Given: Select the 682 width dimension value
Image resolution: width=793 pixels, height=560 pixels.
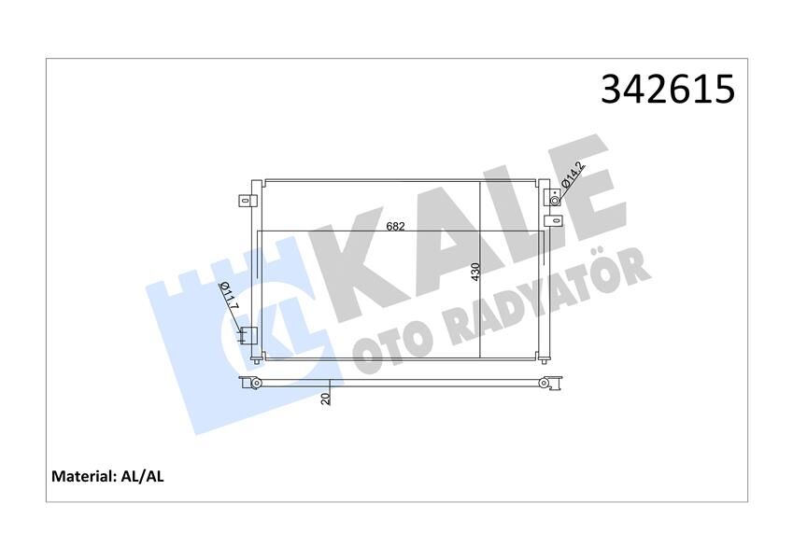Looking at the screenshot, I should click(x=396, y=227).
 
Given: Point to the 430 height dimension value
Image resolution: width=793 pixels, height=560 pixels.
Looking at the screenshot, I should click(x=474, y=273).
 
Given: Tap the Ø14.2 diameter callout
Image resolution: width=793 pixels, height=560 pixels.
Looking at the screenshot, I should click(x=573, y=175).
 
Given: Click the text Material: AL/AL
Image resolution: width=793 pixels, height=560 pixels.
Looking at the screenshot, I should click(x=107, y=476).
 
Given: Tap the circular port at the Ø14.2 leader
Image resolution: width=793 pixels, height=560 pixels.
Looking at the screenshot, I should click(x=555, y=200).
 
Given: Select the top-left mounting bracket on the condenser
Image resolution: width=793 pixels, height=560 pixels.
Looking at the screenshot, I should click(x=247, y=199).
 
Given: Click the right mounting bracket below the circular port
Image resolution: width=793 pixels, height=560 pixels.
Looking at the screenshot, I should click(x=553, y=221).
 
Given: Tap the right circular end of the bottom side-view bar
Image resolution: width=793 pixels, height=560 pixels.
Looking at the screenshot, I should click(x=545, y=381).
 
